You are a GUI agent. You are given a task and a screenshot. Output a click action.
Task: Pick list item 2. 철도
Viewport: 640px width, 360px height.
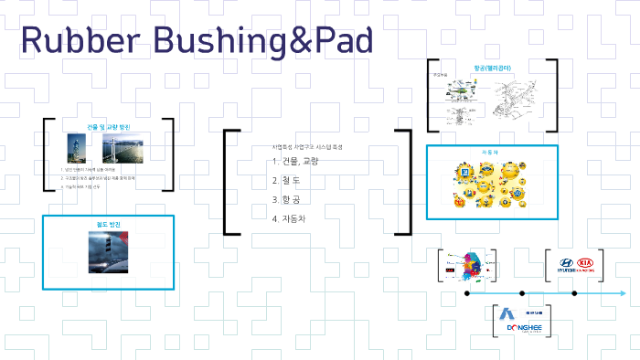[x=289, y=180]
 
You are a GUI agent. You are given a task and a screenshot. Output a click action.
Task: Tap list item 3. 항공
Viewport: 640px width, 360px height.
[x=289, y=198]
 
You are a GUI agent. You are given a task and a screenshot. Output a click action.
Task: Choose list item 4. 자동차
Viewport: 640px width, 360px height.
[x=293, y=217]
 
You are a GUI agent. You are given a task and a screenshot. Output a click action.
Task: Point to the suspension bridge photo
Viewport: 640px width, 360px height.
[x=121, y=147]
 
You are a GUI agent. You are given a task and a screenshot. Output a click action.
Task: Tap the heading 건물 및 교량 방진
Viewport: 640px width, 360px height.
[x=108, y=126]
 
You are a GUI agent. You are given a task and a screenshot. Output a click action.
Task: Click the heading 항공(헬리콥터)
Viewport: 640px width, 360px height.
[x=493, y=68]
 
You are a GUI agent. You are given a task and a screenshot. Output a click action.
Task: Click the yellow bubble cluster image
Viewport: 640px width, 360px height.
[x=493, y=186]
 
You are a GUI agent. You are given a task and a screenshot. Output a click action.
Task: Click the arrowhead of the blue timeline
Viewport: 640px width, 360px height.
[x=624, y=293]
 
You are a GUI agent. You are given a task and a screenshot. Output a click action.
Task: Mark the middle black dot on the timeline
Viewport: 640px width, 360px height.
[x=522, y=293]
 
